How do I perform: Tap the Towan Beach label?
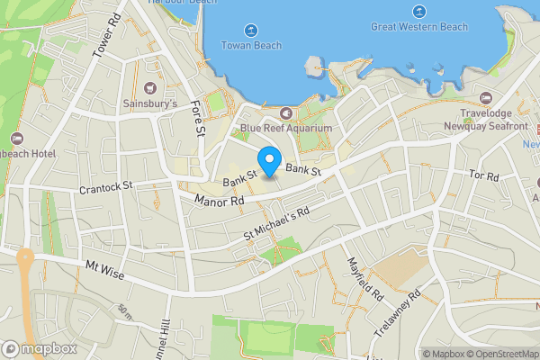tap(252, 46)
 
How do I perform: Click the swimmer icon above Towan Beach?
tap(252, 28)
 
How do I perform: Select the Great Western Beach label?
tap(419, 27)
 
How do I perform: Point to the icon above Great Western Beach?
tap(419, 11)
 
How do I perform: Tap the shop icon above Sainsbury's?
tap(149, 88)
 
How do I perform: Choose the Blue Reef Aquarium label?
tap(286, 129)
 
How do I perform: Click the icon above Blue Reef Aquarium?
tap(286, 112)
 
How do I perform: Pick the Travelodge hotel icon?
tap(486, 97)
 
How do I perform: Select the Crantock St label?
tap(105, 187)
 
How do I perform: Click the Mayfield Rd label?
tap(365, 279)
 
